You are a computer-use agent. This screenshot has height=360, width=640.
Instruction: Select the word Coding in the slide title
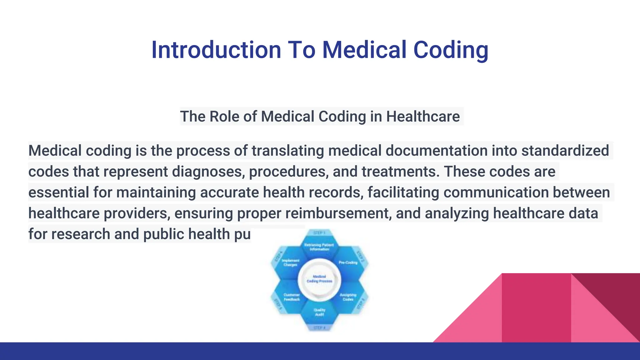451,50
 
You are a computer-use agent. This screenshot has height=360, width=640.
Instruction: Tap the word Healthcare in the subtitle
423,117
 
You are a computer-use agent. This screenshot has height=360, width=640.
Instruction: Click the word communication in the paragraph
496,192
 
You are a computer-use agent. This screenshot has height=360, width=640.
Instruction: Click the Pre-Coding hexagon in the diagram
348,263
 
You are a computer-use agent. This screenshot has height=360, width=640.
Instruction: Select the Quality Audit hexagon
319,312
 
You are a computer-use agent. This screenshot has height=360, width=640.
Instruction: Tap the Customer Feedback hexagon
291,297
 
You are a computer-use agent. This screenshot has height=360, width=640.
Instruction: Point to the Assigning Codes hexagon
348,297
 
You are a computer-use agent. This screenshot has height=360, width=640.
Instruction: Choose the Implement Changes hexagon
291,263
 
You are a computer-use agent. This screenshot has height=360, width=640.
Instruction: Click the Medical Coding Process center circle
319,279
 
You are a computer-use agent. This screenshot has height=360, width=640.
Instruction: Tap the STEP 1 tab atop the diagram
319,233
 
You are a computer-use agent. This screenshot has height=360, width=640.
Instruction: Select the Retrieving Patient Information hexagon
319,247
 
